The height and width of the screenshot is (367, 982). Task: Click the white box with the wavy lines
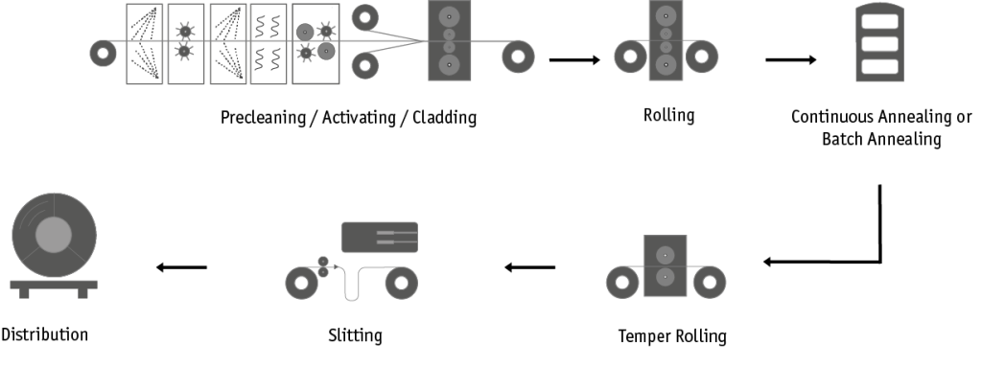pyautogui.click(x=269, y=44)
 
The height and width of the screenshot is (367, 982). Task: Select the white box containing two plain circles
pyautogui.click(x=316, y=44)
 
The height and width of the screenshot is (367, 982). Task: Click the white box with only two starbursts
pyautogui.click(x=186, y=44)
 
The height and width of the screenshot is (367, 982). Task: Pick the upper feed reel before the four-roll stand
pyautogui.click(x=364, y=16)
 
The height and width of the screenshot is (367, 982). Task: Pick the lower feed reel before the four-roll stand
pyautogui.click(x=364, y=66)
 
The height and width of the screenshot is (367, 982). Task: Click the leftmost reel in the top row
pyautogui.click(x=103, y=54)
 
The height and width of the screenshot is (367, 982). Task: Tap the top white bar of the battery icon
pyautogui.click(x=879, y=21)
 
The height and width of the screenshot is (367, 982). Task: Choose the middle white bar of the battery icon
pyautogui.click(x=879, y=43)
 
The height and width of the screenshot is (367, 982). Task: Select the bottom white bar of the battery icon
pyautogui.click(x=879, y=66)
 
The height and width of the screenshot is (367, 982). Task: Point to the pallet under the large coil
pyautogui.click(x=54, y=287)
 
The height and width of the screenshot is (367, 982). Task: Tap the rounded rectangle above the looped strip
pyautogui.click(x=379, y=237)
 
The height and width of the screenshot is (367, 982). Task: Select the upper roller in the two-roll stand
pyautogui.click(x=664, y=255)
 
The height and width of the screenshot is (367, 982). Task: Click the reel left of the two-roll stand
pyautogui.click(x=621, y=282)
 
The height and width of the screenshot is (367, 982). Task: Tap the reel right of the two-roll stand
pyautogui.click(x=710, y=282)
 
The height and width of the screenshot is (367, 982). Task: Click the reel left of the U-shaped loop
pyautogui.click(x=301, y=284)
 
